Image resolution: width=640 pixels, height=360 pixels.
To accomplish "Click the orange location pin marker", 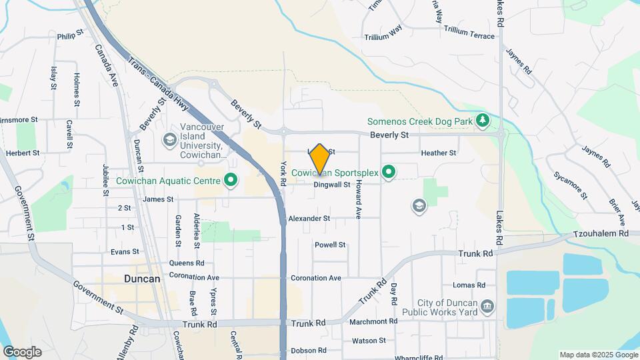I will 320,159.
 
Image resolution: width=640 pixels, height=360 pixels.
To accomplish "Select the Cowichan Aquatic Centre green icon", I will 231,180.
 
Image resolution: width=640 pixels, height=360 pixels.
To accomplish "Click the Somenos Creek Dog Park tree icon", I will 483,121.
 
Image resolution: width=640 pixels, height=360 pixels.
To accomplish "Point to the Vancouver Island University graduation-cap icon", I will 169,139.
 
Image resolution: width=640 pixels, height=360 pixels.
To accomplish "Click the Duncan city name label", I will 142,279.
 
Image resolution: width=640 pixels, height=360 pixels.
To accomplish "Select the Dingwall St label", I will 331,185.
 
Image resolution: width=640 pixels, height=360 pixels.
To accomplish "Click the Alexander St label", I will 309,219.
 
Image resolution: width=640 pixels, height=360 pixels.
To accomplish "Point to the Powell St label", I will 330,245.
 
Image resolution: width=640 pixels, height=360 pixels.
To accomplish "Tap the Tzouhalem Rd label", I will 601,234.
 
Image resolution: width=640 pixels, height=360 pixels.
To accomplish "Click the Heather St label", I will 438,153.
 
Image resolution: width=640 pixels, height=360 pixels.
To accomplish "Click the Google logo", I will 22,352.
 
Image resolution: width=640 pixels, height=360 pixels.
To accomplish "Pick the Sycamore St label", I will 570,185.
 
